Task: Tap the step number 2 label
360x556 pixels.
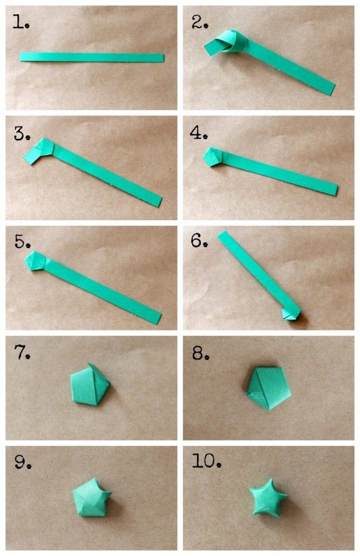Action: (200, 22)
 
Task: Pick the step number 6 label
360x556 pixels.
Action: (199, 240)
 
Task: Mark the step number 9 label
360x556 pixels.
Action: (23, 461)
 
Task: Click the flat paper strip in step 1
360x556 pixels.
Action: (92, 58)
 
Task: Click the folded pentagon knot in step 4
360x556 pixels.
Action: (213, 157)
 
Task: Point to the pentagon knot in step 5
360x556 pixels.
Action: (36, 261)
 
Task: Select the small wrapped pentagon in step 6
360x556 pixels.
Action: (292, 313)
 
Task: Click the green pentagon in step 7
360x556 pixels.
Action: (90, 384)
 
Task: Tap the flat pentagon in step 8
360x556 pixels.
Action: (269, 388)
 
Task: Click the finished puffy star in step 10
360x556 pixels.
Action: (268, 497)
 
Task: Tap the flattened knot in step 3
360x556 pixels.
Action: (40, 151)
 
